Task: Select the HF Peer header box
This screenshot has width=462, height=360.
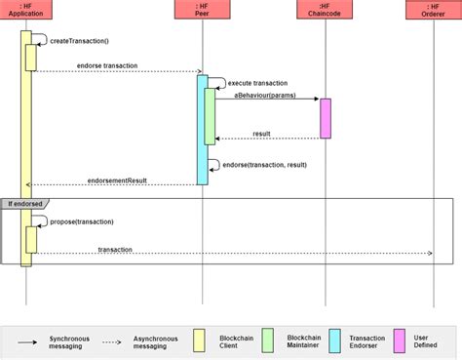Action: (202, 11)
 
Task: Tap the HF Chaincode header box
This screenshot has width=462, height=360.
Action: (326, 11)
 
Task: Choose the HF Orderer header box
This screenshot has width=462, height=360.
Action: (432, 11)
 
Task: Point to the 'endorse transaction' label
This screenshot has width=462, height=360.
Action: (106, 65)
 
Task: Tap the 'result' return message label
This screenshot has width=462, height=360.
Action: (261, 134)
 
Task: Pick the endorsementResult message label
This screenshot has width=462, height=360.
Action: (117, 180)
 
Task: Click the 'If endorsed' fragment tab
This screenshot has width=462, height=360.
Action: (23, 203)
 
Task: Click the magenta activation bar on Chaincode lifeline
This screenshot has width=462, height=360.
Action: (326, 118)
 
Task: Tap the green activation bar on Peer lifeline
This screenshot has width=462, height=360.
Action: (210, 117)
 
